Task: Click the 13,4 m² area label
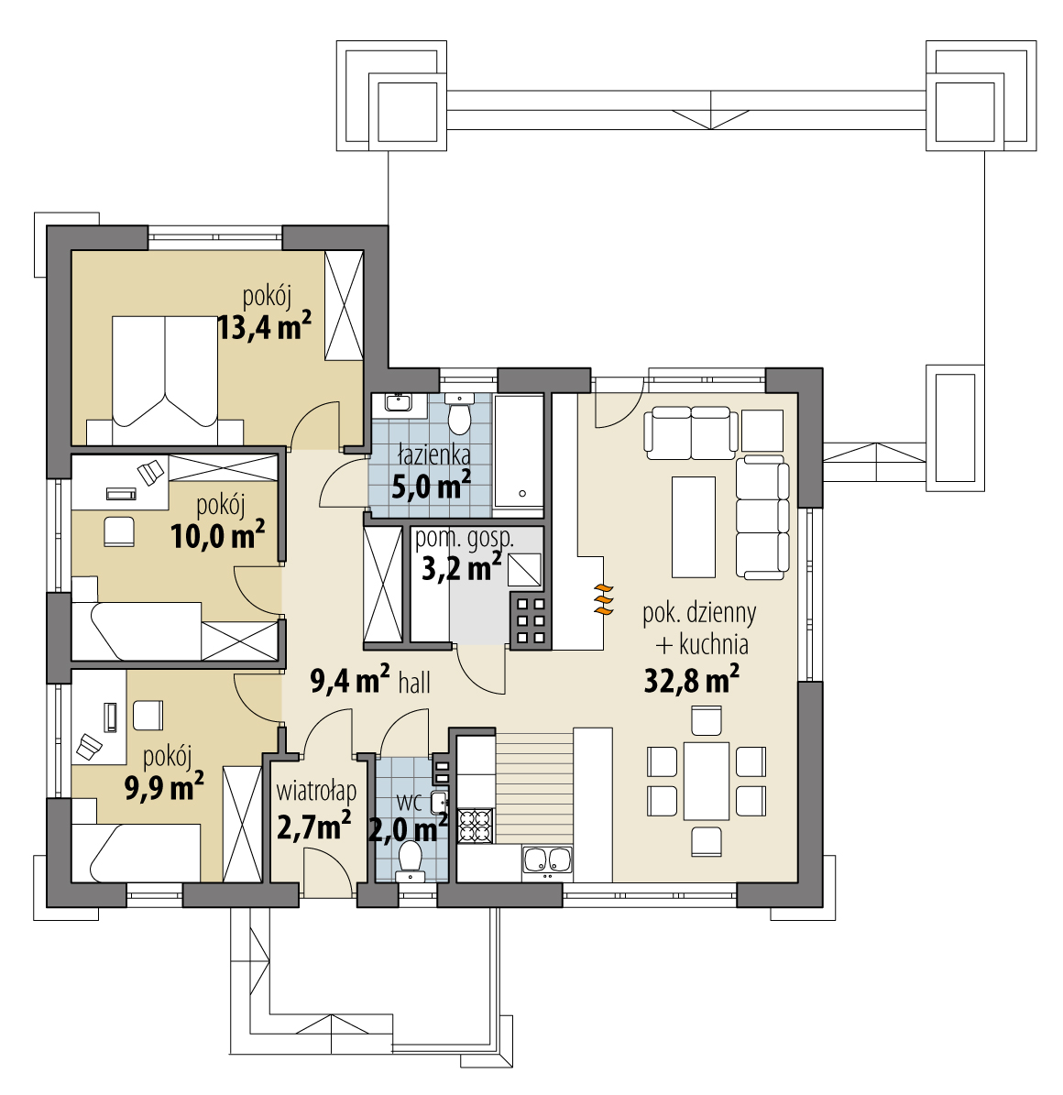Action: pyautogui.click(x=265, y=326)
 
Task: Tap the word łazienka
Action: pyautogui.click(x=433, y=455)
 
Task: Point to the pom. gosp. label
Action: pyautogui.click(x=465, y=539)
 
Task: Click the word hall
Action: pyautogui.click(x=414, y=683)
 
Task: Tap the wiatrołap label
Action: pyautogui.click(x=316, y=791)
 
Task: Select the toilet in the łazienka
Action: pyautogui.click(x=459, y=414)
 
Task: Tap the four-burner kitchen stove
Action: pyautogui.click(x=475, y=827)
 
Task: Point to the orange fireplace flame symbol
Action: pyautogui.click(x=604, y=600)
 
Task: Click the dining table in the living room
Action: pyautogui.click(x=707, y=781)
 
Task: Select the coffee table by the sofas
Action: pyautogui.click(x=694, y=527)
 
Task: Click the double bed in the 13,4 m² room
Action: pyautogui.click(x=165, y=380)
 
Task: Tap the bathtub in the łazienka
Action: pyautogui.click(x=519, y=452)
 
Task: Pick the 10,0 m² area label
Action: pyautogui.click(x=218, y=536)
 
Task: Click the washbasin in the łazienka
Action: pyautogui.click(x=398, y=404)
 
